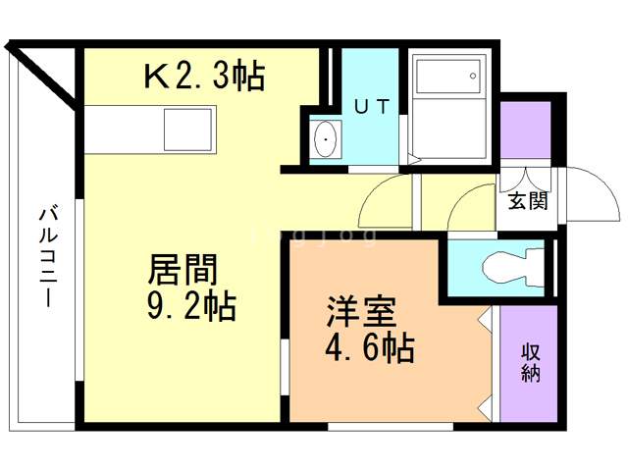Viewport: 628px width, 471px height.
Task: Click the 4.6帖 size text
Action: [368, 347]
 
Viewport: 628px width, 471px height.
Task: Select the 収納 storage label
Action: [531, 364]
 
